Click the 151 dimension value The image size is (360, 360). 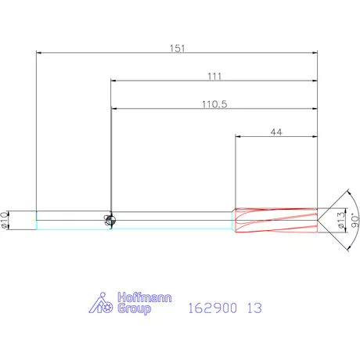[x=177, y=49]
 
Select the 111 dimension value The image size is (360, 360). [x=214, y=76]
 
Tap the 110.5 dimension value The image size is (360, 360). [x=214, y=104]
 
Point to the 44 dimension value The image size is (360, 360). [x=276, y=132]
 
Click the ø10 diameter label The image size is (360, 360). [x=4, y=220]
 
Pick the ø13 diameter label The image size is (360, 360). [x=341, y=220]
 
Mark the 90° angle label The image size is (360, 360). [x=355, y=220]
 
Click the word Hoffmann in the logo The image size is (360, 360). [x=145, y=297]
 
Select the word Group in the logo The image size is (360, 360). [x=134, y=308]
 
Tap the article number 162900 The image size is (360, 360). [x=213, y=308]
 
